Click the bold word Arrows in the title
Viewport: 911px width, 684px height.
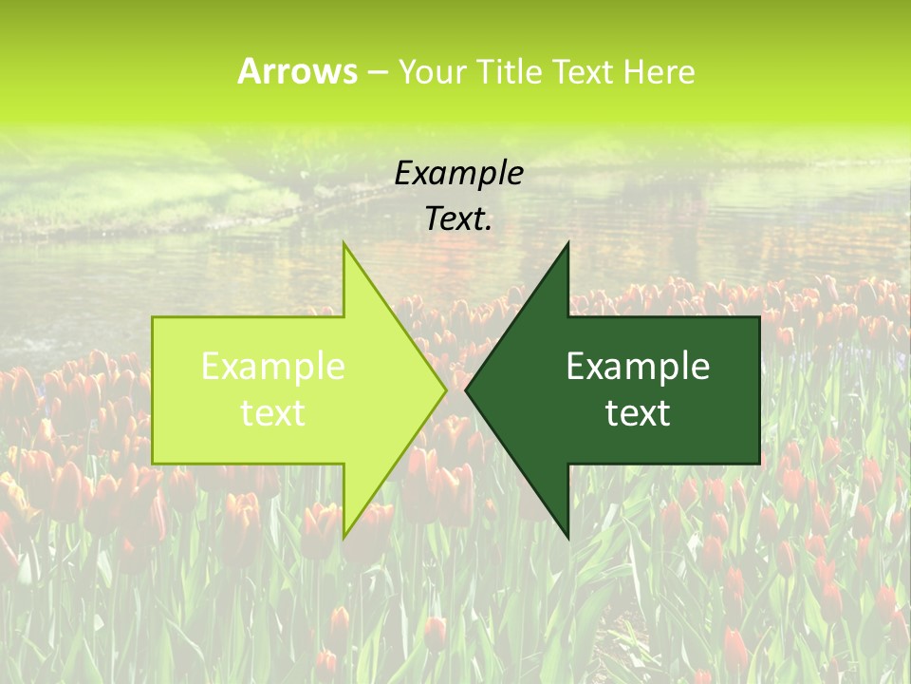pyautogui.click(x=297, y=71)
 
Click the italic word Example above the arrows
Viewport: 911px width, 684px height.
pyautogui.click(x=458, y=173)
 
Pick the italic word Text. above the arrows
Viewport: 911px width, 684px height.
pyautogui.click(x=458, y=219)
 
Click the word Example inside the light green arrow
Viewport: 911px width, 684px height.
pyautogui.click(x=273, y=367)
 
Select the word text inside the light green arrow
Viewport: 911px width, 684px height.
pyautogui.click(x=273, y=413)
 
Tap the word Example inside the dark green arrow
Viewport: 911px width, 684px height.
pyautogui.click(x=638, y=367)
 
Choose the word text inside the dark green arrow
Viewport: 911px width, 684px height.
pyautogui.click(x=638, y=413)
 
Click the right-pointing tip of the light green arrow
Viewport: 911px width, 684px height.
pyautogui.click(x=445, y=389)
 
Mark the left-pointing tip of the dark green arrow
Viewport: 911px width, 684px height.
pyautogui.click(x=467, y=389)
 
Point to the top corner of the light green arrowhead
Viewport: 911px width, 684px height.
pyautogui.click(x=344, y=244)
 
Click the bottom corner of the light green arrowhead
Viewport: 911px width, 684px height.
pyautogui.click(x=344, y=537)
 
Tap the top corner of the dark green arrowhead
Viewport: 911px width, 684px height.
pyautogui.click(x=567, y=244)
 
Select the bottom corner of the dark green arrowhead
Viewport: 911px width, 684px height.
pyautogui.click(x=567, y=537)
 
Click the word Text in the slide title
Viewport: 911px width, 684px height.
pyautogui.click(x=582, y=72)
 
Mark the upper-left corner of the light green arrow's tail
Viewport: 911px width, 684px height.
pyautogui.click(x=154, y=318)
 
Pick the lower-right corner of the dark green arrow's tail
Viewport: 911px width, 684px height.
pyautogui.click(x=758, y=463)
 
